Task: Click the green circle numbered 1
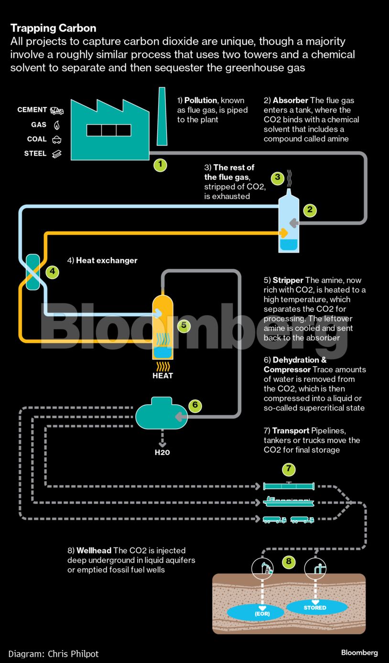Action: [x=160, y=165]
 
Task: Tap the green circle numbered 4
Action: [x=53, y=272]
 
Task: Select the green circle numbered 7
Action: [x=289, y=469]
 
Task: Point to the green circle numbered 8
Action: [x=289, y=561]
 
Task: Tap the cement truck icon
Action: [x=57, y=111]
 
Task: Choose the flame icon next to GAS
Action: [x=57, y=125]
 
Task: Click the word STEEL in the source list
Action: [x=35, y=154]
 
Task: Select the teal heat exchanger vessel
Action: [x=32, y=272]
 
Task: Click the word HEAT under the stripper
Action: [x=162, y=376]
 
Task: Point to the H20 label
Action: [x=162, y=452]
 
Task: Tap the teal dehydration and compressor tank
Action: [x=160, y=414]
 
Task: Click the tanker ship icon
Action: [x=289, y=503]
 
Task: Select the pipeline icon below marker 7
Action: [x=289, y=486]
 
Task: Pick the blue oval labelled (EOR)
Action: [x=262, y=613]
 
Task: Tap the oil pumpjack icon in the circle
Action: [x=262, y=568]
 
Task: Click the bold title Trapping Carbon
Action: [x=54, y=28]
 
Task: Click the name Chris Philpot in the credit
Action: [x=73, y=653]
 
